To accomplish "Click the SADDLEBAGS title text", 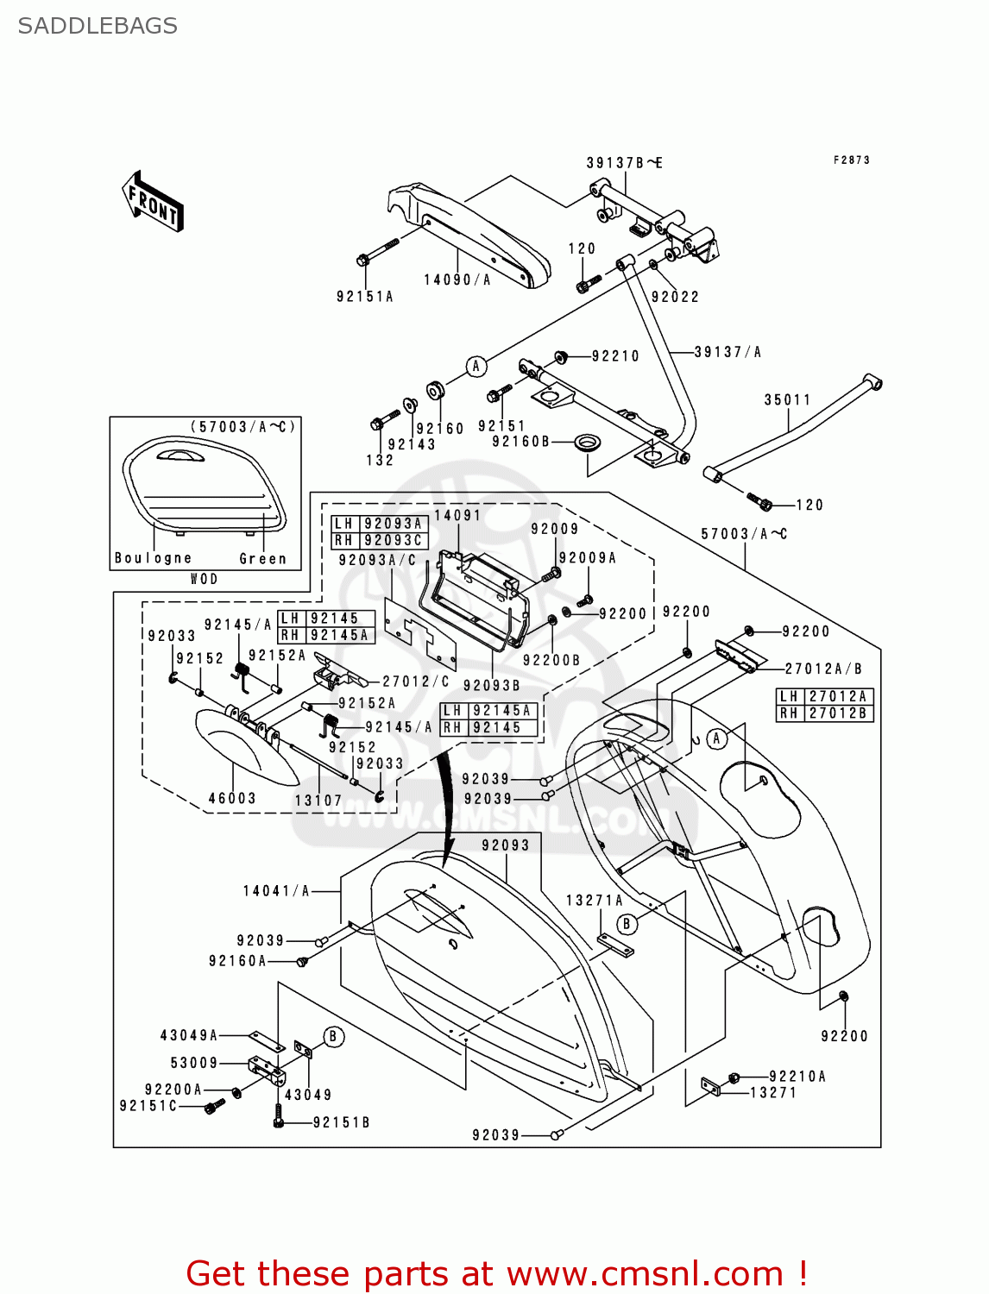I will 98,26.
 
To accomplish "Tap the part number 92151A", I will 365,297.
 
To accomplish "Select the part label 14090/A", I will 457,280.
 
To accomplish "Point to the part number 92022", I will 675,297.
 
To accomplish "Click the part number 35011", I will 787,399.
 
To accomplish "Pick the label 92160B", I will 520,442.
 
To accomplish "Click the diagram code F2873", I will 852,160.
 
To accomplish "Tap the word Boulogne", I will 154,558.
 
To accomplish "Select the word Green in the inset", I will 262,559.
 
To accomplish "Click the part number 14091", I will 457,515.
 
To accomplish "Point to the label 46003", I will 232,799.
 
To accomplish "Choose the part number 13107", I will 318,801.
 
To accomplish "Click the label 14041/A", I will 276,891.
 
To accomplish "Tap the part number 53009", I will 194,1063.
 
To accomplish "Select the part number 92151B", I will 341,1122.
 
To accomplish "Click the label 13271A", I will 594,901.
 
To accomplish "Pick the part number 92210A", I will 797,1077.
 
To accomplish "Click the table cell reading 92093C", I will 394,540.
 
